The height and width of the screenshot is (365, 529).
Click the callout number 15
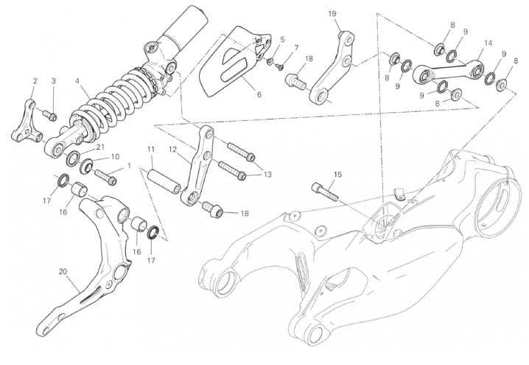[337, 175]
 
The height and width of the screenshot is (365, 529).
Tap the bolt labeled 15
[323, 191]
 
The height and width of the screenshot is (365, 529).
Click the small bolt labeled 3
[49, 115]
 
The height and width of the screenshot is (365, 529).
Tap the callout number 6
[259, 94]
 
